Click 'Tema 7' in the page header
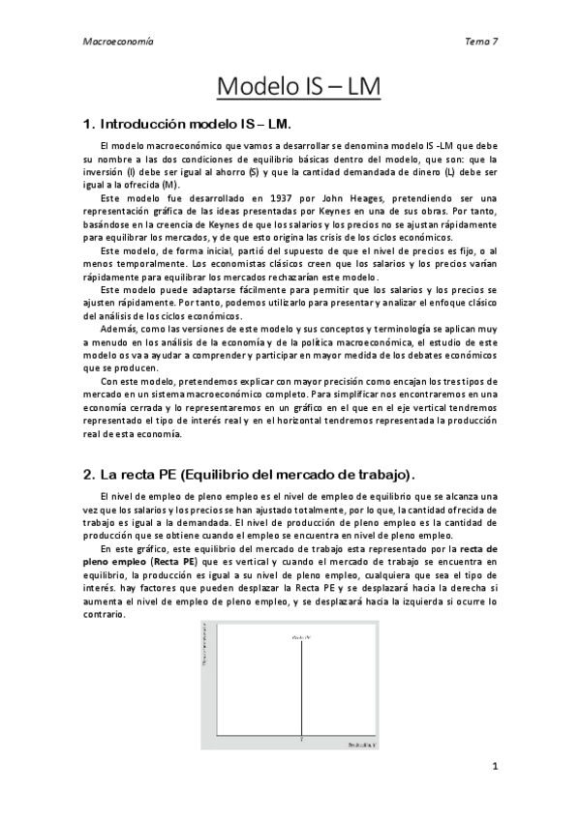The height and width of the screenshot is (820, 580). click(481, 43)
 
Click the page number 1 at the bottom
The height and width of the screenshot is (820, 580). click(495, 768)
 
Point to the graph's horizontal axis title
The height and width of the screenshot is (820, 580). click(362, 746)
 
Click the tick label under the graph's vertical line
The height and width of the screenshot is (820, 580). click(302, 739)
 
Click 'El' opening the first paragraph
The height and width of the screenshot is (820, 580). click(106, 145)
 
